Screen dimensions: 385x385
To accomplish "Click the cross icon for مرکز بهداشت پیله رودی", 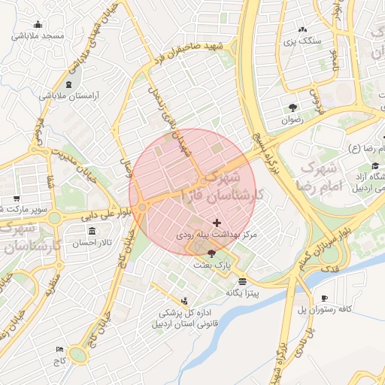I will coord(217,223).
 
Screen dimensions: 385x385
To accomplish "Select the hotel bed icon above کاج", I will coord(60,350).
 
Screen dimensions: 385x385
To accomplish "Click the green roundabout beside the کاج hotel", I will coord(78,354).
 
